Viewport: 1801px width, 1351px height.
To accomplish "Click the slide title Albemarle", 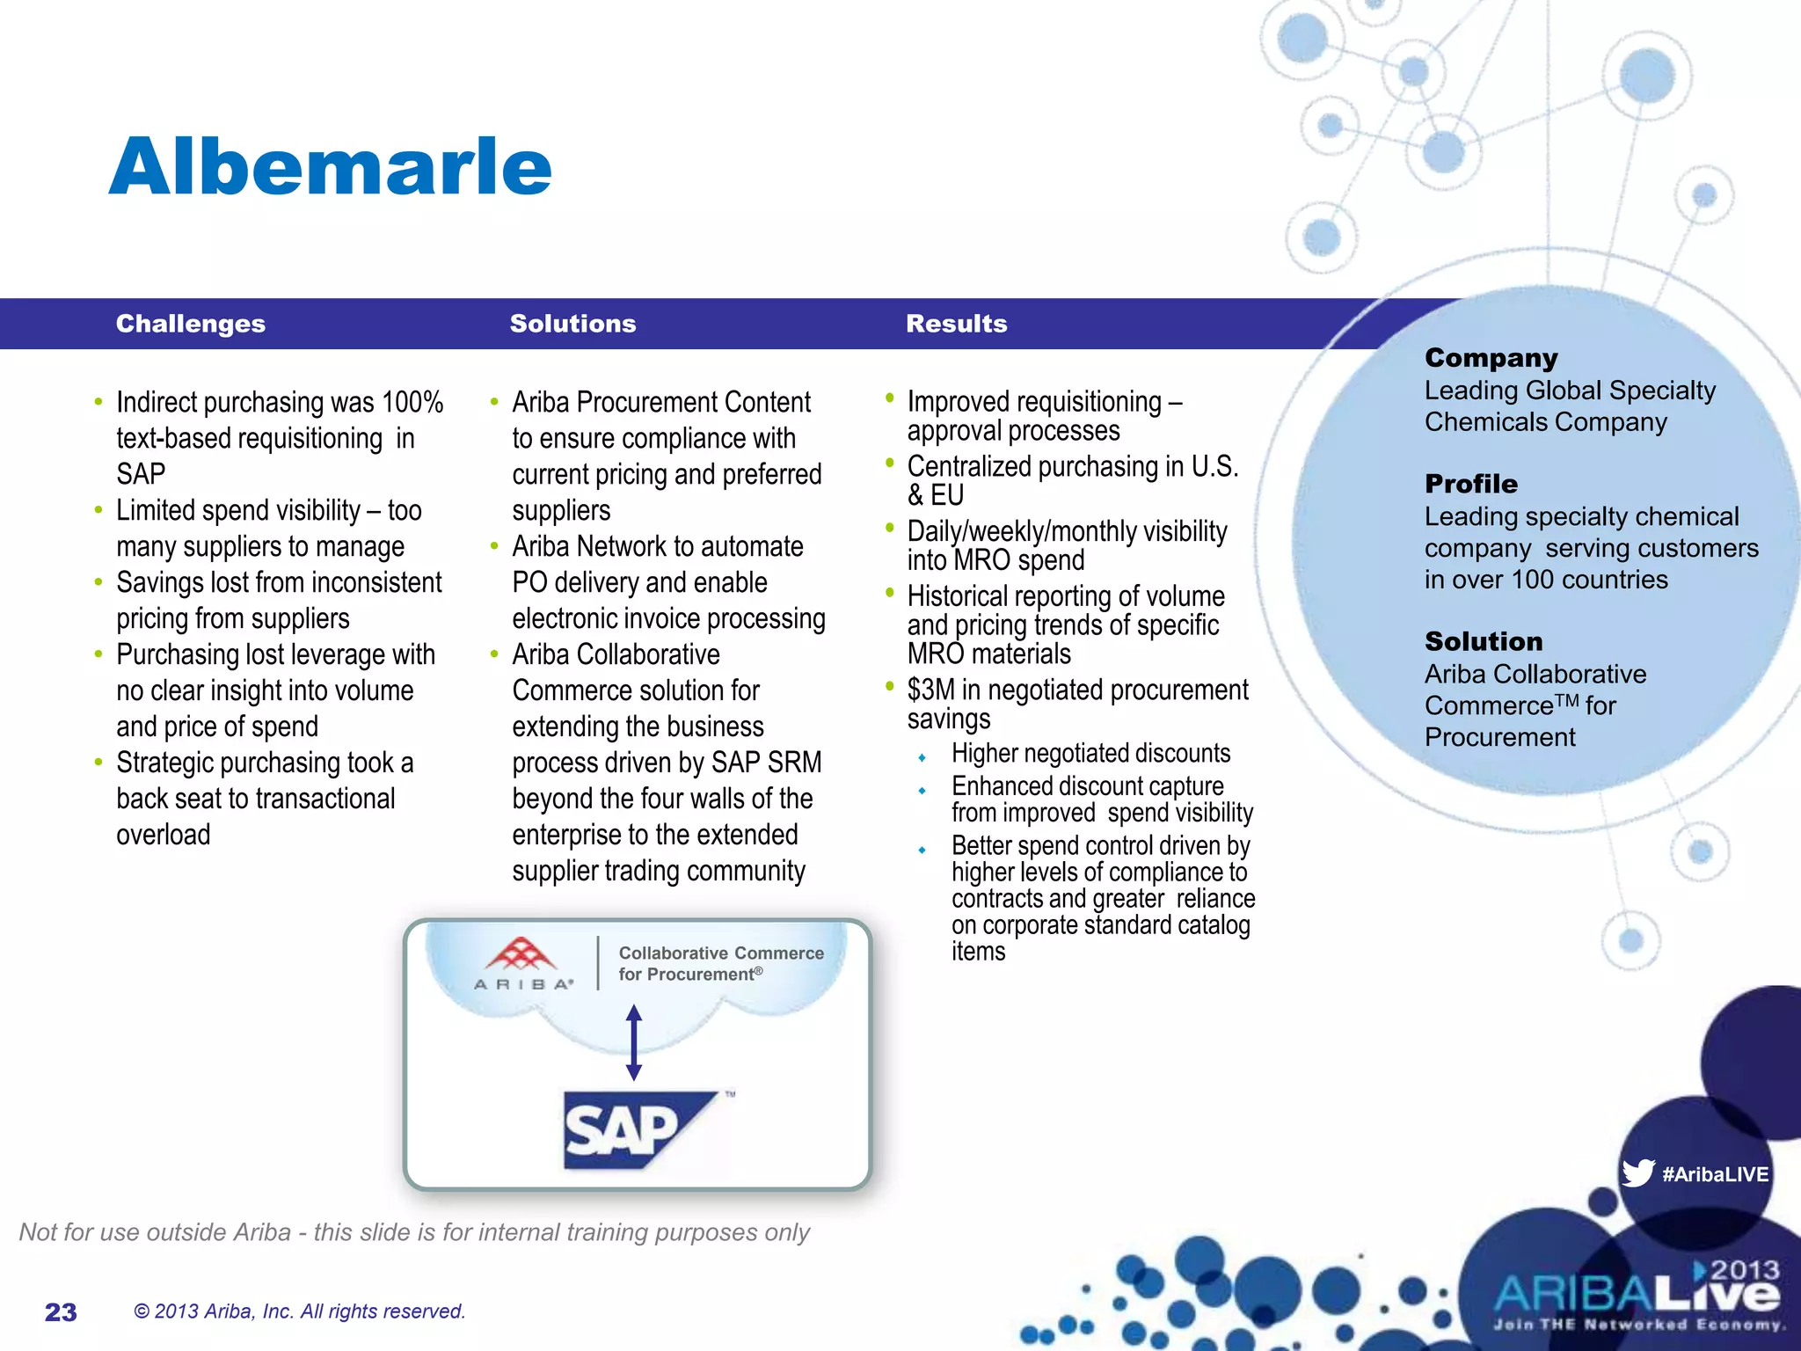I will tap(330, 167).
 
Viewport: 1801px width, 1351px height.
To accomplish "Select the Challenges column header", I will tap(190, 324).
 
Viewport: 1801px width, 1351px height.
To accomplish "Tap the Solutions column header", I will tap(572, 324).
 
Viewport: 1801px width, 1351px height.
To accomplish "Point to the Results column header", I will tap(956, 324).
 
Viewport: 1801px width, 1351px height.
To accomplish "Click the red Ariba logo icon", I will tap(522, 953).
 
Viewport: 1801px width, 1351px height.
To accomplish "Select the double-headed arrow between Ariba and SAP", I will tap(634, 1043).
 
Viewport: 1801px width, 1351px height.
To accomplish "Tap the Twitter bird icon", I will tap(1637, 1173).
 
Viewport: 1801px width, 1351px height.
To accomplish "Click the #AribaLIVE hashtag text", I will tap(1715, 1174).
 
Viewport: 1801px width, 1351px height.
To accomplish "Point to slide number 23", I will tap(61, 1312).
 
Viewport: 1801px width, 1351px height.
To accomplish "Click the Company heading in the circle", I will tap(1491, 358).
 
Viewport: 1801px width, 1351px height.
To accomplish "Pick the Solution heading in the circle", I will tap(1483, 641).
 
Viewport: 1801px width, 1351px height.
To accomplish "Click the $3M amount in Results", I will tap(930, 690).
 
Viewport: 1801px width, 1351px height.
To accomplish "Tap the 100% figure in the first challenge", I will tap(412, 403).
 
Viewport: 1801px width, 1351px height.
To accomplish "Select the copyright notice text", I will tap(299, 1311).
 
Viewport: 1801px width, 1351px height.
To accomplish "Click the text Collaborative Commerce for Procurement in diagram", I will tap(719, 963).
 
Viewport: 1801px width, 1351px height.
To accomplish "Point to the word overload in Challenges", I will tap(164, 835).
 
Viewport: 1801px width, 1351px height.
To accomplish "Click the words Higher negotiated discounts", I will tap(1090, 754).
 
